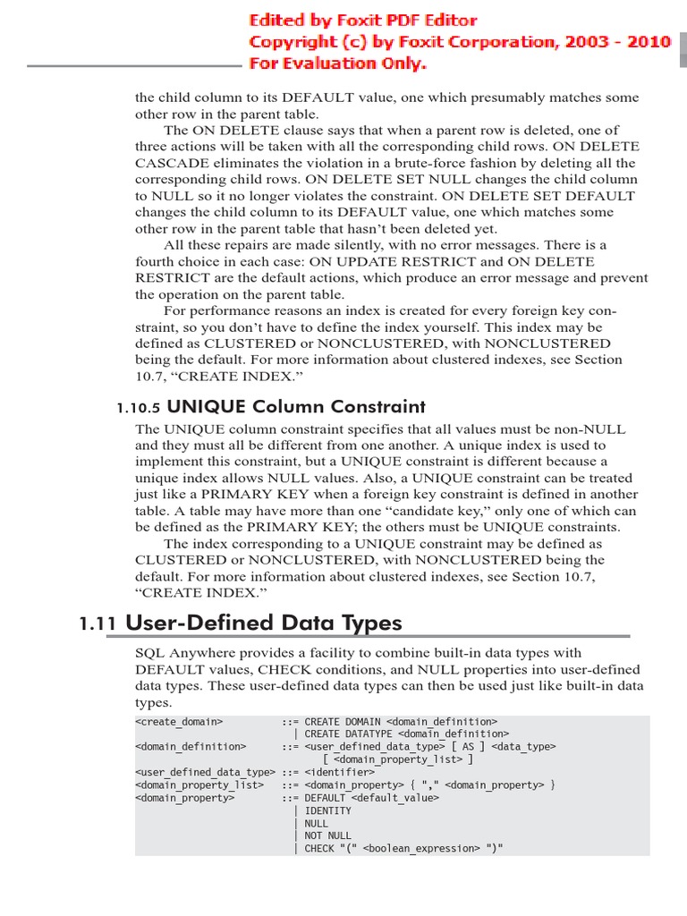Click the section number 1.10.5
point(138,408)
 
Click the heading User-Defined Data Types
point(264,623)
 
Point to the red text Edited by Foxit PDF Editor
point(362,21)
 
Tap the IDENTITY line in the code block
point(327,810)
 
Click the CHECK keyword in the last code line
point(319,848)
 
